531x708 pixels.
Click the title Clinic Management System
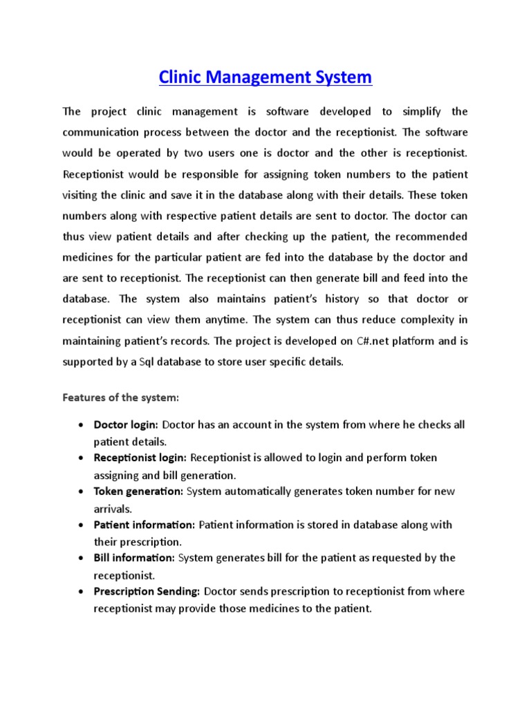pyautogui.click(x=265, y=77)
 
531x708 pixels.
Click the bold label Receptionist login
pyautogui.click(x=140, y=458)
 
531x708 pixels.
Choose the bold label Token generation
pyautogui.click(x=138, y=491)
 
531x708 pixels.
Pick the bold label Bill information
pyautogui.click(x=135, y=557)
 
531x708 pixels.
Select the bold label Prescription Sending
pyautogui.click(x=147, y=591)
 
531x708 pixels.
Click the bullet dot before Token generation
pyautogui.click(x=82, y=492)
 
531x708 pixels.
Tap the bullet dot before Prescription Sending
pyautogui.click(x=82, y=592)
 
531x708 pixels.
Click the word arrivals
pyautogui.click(x=113, y=508)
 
